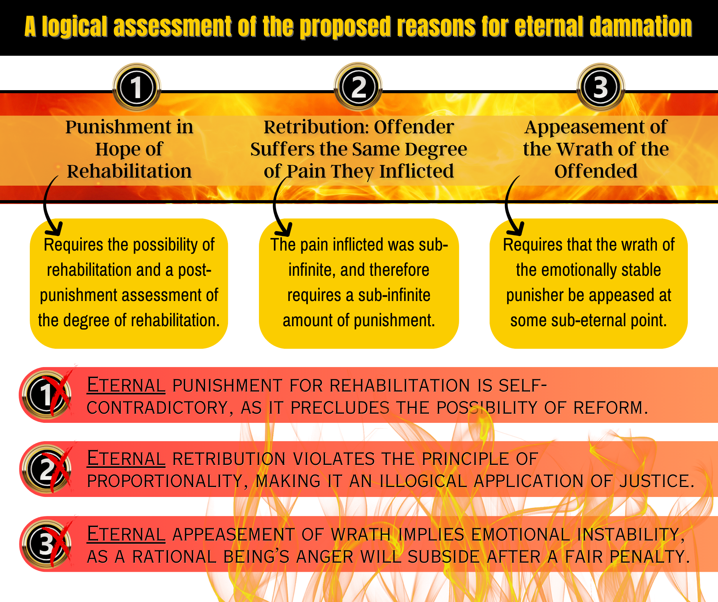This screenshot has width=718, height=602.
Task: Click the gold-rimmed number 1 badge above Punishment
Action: click(x=136, y=87)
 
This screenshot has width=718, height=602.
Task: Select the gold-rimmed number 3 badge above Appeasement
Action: click(x=600, y=87)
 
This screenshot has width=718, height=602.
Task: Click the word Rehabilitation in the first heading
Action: click(x=129, y=171)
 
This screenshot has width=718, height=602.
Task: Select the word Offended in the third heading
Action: click(x=596, y=171)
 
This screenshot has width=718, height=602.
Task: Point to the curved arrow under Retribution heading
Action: click(x=279, y=208)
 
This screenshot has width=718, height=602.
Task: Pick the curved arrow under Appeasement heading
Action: click(x=511, y=208)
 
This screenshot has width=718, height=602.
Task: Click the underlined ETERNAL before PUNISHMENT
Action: click(x=126, y=385)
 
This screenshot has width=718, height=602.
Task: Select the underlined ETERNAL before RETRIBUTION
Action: click(x=126, y=459)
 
